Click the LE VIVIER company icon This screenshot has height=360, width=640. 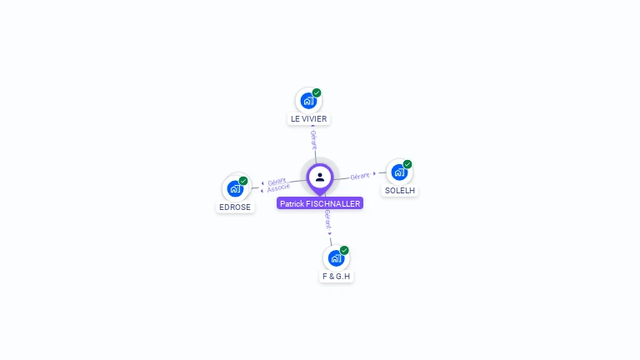click(x=308, y=101)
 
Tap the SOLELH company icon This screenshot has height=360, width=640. click(x=399, y=172)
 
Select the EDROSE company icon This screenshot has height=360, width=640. click(x=235, y=188)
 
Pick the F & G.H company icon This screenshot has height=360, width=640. click(x=336, y=257)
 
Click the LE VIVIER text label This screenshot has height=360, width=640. click(x=308, y=119)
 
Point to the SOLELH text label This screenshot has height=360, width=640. click(x=400, y=191)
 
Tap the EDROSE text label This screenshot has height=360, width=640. click(x=235, y=207)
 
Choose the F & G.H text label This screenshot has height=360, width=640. click(x=337, y=276)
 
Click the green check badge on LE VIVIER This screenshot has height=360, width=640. click(x=317, y=92)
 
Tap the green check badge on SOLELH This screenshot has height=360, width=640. click(x=407, y=164)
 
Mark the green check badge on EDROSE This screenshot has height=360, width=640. click(x=243, y=180)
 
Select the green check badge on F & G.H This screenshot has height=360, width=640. click(x=344, y=250)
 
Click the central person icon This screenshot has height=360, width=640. click(x=320, y=177)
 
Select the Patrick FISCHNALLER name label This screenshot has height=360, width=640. click(x=320, y=203)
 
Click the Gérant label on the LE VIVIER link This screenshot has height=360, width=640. click(x=313, y=138)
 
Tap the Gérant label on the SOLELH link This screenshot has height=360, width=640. click(x=360, y=176)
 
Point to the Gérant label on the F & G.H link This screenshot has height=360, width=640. click(x=327, y=219)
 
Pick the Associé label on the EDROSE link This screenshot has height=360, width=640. click(x=278, y=187)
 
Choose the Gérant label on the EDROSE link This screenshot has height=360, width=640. click(x=277, y=181)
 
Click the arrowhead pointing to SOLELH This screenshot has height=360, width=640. click(x=375, y=173)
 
